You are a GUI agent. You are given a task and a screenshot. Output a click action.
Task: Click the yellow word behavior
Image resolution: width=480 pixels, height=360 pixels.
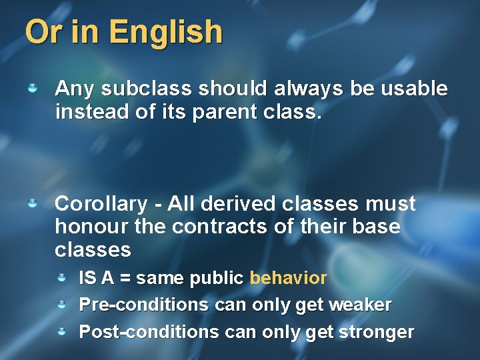point(288,278)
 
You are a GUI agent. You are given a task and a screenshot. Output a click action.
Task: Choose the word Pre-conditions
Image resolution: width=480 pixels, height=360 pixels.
point(144,305)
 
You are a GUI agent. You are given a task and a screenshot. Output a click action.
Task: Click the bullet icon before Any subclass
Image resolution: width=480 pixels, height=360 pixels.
point(31,88)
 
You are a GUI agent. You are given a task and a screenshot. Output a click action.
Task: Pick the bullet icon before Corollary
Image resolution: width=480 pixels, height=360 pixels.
point(31,203)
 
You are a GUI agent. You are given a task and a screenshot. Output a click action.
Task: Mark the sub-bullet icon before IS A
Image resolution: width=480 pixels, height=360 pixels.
point(61,277)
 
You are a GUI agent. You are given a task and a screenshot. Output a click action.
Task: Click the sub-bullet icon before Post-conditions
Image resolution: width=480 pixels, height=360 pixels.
point(61,331)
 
